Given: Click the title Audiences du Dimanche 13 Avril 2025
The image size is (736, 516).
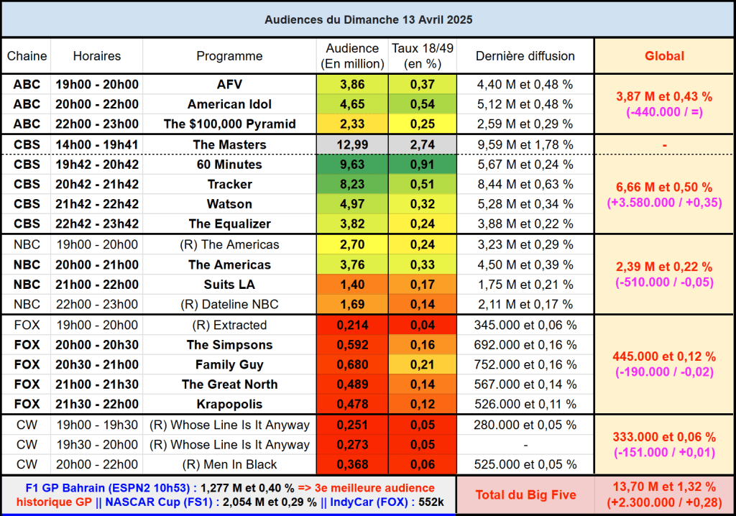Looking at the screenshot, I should (x=368, y=19).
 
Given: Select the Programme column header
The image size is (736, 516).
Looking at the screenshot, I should (x=229, y=56).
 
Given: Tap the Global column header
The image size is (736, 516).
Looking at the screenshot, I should (x=664, y=56).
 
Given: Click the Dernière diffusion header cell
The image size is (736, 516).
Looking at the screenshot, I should (x=525, y=56).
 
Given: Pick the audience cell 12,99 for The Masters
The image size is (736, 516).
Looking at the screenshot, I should (x=351, y=144).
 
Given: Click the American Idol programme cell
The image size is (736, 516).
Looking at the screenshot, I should (x=229, y=104).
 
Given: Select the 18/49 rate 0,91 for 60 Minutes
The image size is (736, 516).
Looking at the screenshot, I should (x=422, y=165).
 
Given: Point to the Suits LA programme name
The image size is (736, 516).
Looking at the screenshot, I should (x=229, y=285).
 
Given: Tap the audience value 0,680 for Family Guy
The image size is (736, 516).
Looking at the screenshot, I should (x=351, y=364).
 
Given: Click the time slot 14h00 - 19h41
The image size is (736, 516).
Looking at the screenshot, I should (x=97, y=144).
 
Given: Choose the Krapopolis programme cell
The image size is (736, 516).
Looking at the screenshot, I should (x=229, y=404).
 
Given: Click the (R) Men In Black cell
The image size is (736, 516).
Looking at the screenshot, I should (x=229, y=464).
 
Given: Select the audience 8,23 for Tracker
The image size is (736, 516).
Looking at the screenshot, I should (x=351, y=185).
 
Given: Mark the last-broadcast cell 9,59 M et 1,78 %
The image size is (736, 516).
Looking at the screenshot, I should (x=525, y=144).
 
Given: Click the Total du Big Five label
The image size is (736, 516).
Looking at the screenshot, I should (x=525, y=494).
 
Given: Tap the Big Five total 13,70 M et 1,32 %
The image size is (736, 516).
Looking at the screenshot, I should (x=664, y=487).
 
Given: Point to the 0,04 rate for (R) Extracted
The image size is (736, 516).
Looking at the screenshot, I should (x=422, y=325).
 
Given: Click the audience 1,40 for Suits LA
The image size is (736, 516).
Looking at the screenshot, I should (x=351, y=285).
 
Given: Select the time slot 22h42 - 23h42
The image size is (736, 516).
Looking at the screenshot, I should (x=97, y=224).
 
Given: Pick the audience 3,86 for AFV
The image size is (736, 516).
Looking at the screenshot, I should (x=351, y=84).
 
